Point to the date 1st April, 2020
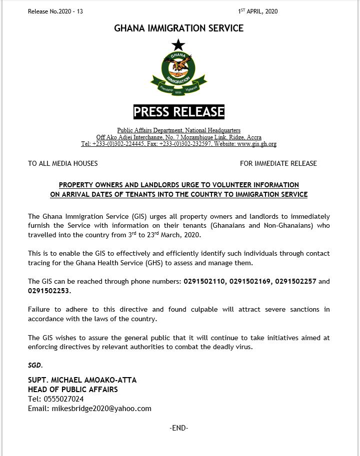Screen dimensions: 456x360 (x=257, y=11)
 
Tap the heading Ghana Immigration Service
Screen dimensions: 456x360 (x=178, y=28)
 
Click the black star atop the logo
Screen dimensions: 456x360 (x=178, y=45)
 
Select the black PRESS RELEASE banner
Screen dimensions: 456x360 (x=178, y=112)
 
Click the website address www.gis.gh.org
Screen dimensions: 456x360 (x=256, y=144)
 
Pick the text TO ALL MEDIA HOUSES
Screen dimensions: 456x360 (x=63, y=163)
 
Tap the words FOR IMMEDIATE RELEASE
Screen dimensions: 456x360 (x=278, y=163)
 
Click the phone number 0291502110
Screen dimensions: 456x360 (x=204, y=282)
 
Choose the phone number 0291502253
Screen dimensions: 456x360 (x=49, y=291)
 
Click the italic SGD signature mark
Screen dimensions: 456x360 (x=35, y=366)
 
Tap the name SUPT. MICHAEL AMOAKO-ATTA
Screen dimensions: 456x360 (x=82, y=380)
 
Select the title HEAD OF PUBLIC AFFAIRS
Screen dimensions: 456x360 (x=73, y=390)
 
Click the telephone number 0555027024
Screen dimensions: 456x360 (x=63, y=399)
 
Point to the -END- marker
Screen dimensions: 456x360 (x=179, y=428)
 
